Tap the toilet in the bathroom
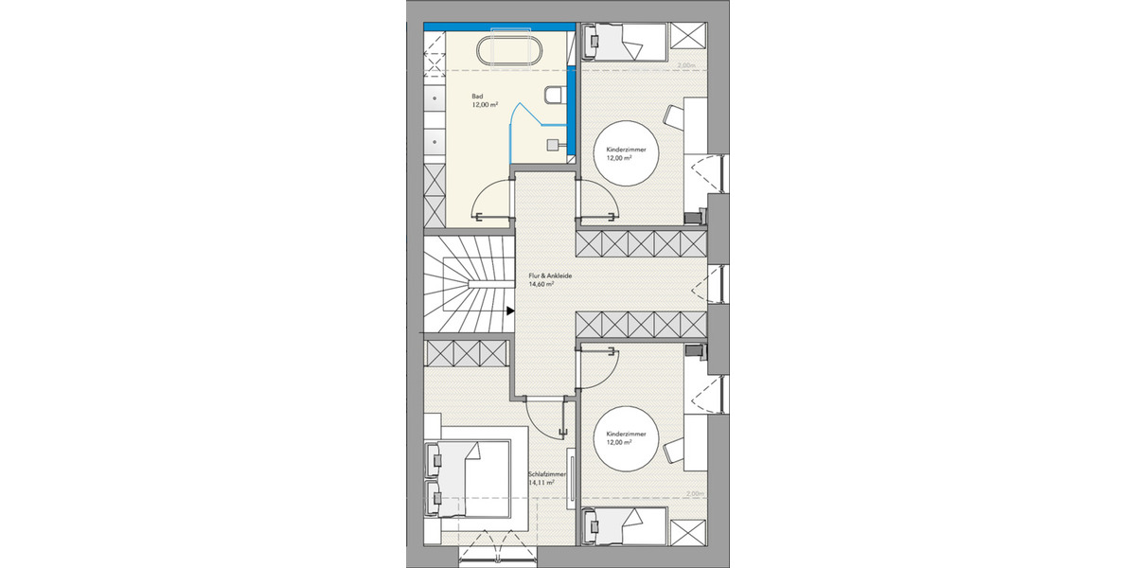point(557,95)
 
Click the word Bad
point(477,97)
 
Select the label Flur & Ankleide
point(550,275)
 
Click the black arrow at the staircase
point(509,322)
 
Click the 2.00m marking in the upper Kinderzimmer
point(687,65)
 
